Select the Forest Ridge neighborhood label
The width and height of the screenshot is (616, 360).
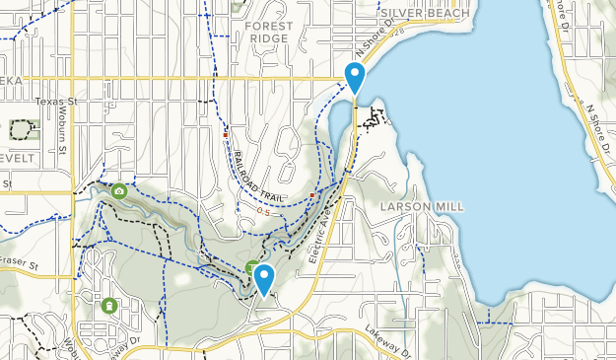(x=269, y=32)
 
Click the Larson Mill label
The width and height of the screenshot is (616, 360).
(x=422, y=206)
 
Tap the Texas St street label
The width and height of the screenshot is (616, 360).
(x=55, y=102)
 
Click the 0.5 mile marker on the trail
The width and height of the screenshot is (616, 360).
(x=263, y=211)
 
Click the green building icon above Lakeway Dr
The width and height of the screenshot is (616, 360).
(x=108, y=306)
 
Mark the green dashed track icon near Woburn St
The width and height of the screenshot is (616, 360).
(x=20, y=129)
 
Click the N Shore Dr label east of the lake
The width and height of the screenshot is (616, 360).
(x=598, y=123)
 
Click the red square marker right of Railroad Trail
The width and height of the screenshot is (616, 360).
(x=312, y=195)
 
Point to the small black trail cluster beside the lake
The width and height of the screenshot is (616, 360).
(x=372, y=120)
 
